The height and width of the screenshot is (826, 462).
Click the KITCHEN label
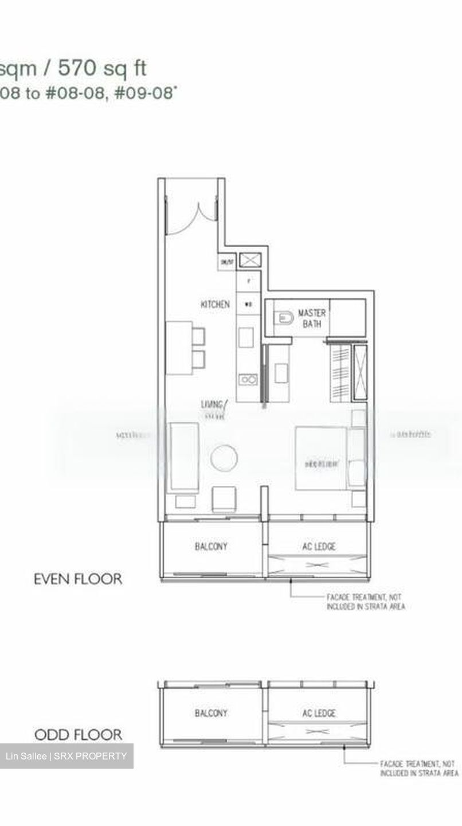pyautogui.click(x=215, y=304)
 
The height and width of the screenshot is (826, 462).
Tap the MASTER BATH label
pyautogui.click(x=312, y=318)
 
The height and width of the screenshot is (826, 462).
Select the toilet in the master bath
pyautogui.click(x=284, y=317)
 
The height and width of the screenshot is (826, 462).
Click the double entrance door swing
pyautogui.click(x=191, y=218)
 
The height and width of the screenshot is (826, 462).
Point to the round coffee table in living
pyautogui.click(x=224, y=458)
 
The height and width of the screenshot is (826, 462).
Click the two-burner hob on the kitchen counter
pyautogui.click(x=248, y=379)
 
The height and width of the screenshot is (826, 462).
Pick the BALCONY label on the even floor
pyautogui.click(x=211, y=547)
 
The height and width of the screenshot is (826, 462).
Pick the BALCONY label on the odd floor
pyautogui.click(x=211, y=713)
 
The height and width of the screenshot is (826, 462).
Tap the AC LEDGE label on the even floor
pyautogui.click(x=319, y=547)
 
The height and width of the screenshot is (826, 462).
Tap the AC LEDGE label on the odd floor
pyautogui.click(x=319, y=713)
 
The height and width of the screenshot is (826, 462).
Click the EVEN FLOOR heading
pyautogui.click(x=78, y=579)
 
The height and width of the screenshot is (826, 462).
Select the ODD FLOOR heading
pyautogui.click(x=78, y=735)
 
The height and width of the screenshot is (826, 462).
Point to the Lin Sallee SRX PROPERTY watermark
pyautogui.click(x=66, y=756)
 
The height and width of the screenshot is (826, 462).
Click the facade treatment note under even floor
pyautogui.click(x=365, y=602)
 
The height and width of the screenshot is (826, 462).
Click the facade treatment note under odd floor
pyautogui.click(x=418, y=769)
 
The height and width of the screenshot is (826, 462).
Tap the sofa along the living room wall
pyautogui.click(x=183, y=458)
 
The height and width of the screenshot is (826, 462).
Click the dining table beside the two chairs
pyautogui.click(x=178, y=348)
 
